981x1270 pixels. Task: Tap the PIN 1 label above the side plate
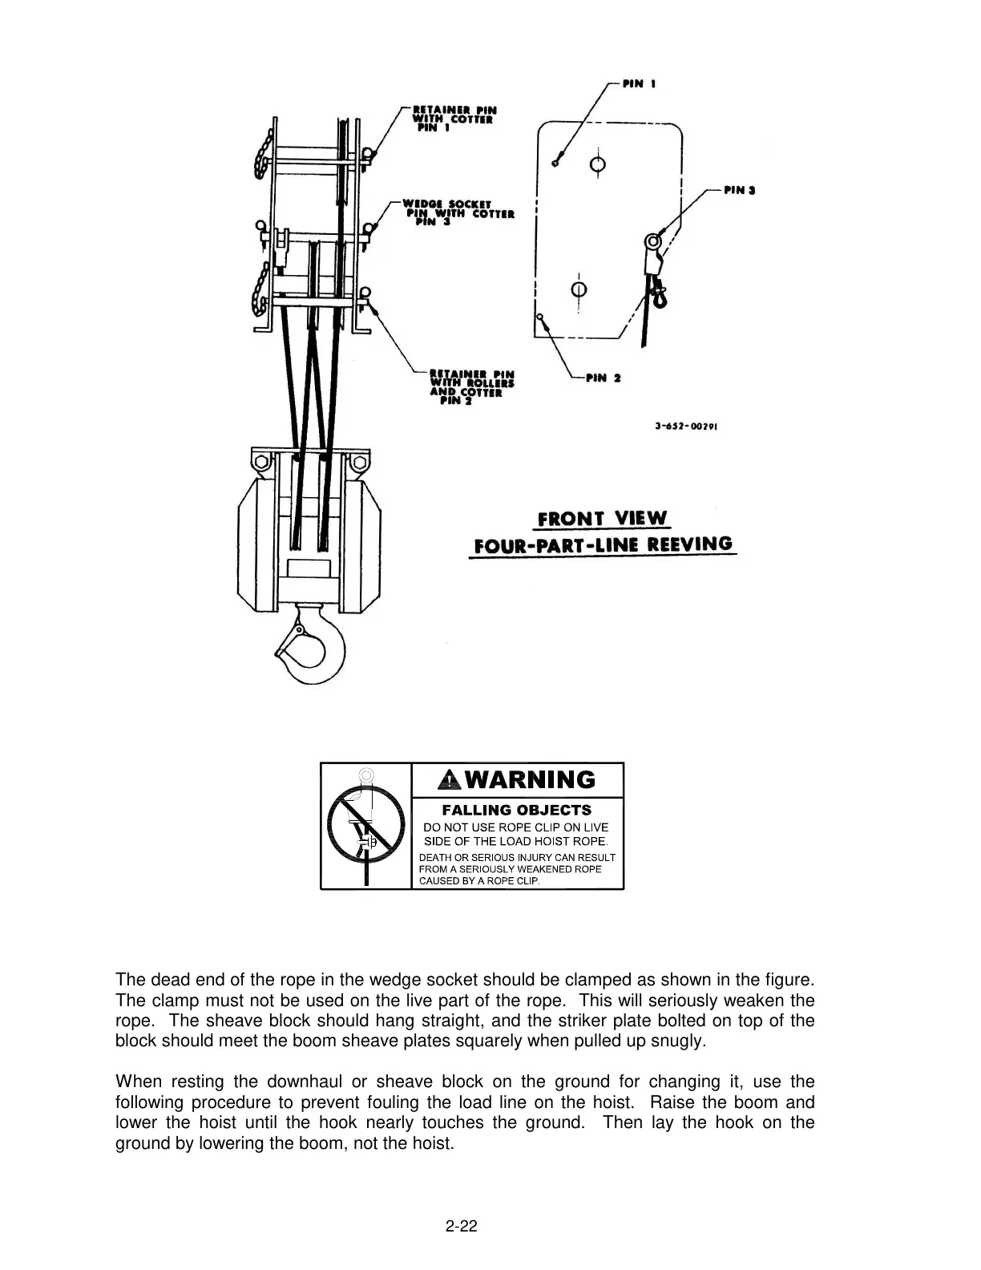click(x=640, y=83)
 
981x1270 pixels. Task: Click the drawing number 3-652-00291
click(x=685, y=427)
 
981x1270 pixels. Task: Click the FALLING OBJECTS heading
click(x=517, y=810)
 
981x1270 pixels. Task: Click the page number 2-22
click(x=462, y=1226)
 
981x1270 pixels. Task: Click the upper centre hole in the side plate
click(x=596, y=164)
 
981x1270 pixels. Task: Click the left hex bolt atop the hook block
click(x=260, y=463)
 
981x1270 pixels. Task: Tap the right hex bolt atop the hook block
click(x=358, y=463)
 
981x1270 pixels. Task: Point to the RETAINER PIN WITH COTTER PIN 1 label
click(x=453, y=118)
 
